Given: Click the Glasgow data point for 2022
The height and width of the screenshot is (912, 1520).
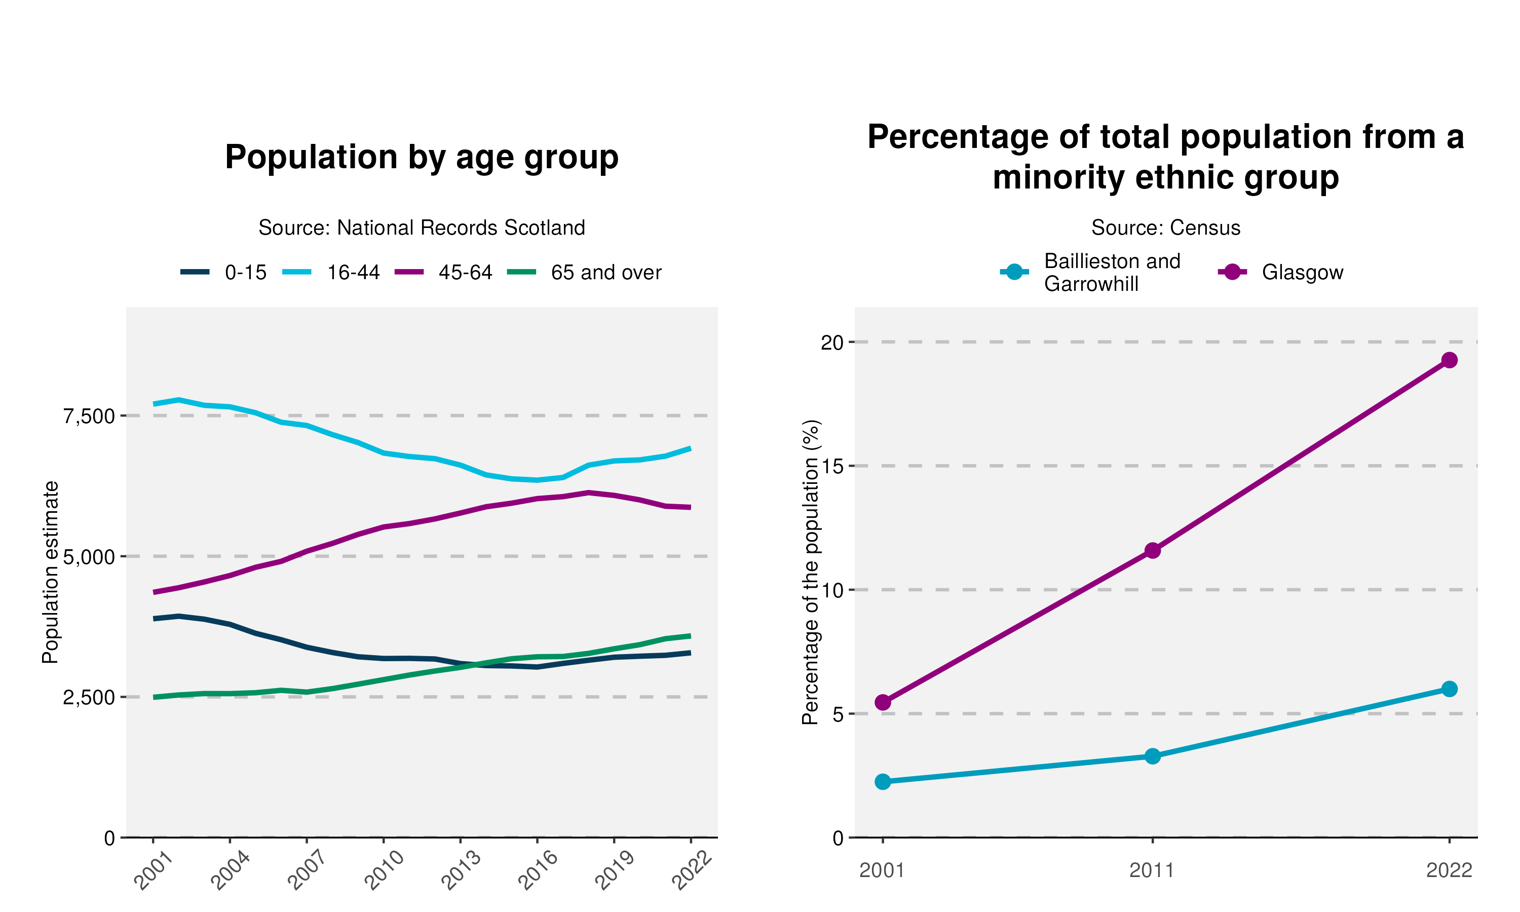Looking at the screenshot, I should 1449,360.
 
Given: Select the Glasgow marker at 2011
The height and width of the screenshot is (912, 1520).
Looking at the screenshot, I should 1153,550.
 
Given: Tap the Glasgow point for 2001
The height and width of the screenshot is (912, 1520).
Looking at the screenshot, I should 883,702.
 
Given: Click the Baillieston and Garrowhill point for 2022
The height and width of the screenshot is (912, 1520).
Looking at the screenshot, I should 1449,689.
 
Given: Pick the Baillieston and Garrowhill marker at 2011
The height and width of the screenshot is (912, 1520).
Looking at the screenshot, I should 1153,756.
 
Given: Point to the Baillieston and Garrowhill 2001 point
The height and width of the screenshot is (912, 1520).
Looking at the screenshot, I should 883,782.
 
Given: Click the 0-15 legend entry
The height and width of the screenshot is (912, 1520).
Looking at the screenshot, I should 224,272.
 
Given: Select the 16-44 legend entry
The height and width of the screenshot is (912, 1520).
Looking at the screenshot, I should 332,272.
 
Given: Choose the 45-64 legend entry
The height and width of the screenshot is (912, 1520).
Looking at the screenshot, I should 444,272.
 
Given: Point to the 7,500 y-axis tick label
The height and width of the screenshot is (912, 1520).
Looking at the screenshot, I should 89,416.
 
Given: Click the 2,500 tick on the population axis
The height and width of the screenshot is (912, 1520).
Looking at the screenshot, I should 89,698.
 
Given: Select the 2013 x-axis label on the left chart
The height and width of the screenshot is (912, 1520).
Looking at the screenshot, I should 462,870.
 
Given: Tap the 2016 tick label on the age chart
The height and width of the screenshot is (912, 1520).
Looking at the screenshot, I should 538,870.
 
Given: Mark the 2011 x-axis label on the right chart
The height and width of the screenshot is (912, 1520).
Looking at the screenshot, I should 1152,871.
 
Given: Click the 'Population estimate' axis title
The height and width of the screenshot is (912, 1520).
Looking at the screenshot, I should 50,572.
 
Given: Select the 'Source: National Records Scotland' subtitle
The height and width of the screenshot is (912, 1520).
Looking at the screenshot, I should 422,228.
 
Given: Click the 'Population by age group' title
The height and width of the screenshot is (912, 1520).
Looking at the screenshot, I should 422,158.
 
